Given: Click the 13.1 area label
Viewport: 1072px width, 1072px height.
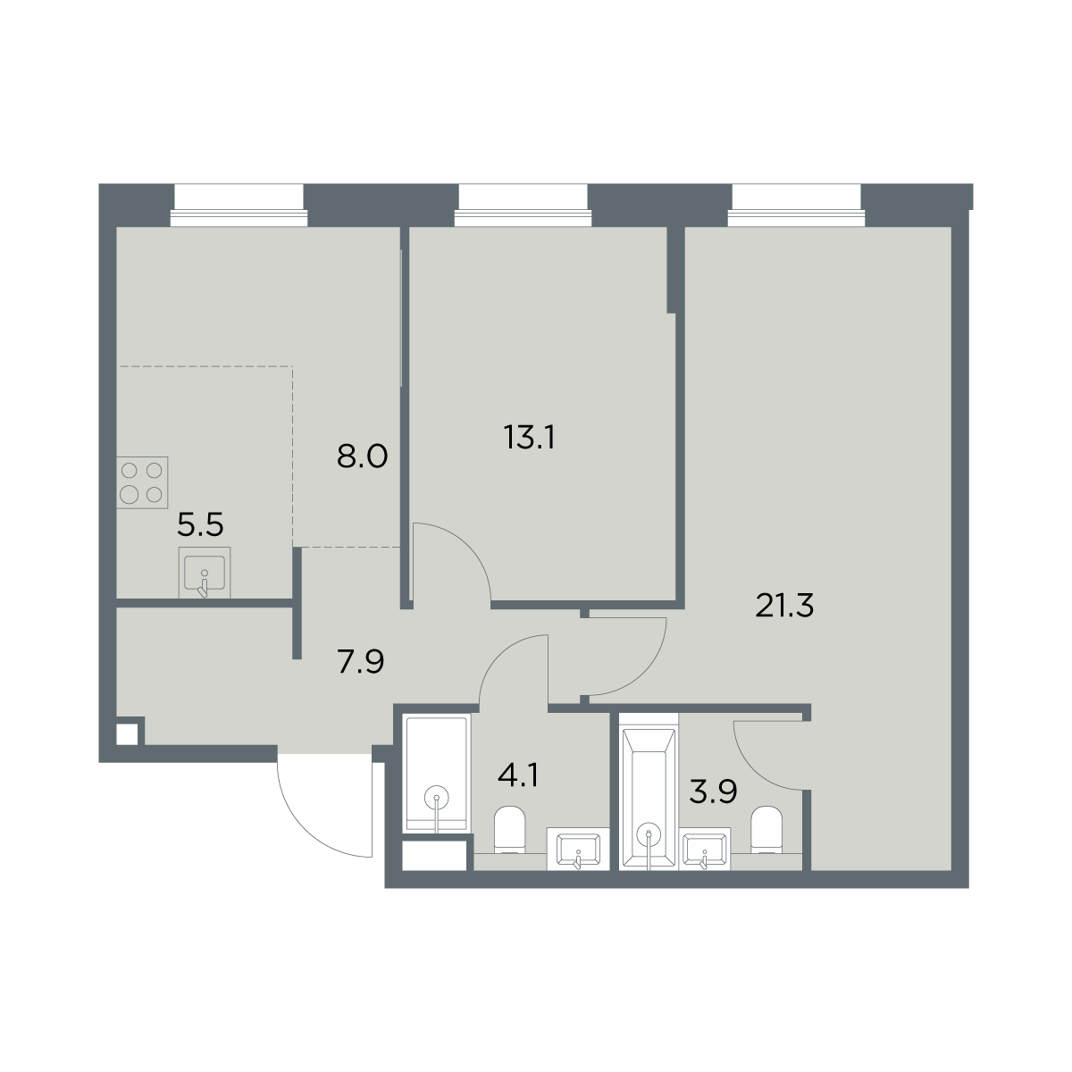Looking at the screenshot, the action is [529, 437].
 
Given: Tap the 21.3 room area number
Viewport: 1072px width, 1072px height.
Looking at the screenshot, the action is [784, 606].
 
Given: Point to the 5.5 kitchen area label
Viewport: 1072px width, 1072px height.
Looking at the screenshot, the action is [200, 524].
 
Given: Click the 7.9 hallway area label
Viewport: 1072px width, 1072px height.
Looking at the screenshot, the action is [361, 662].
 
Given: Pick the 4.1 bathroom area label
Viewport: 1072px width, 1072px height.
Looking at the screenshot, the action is [517, 775].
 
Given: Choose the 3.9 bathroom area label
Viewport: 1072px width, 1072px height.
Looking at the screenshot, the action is [713, 791].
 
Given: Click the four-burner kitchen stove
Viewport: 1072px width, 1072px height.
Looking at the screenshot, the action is [142, 482].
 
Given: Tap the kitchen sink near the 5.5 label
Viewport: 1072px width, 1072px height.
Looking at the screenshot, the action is [205, 573].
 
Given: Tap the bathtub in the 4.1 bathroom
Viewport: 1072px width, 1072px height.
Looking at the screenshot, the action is [437, 774].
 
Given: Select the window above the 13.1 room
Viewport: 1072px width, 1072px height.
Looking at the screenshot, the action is [523, 205].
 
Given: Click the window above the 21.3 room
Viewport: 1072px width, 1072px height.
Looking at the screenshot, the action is [797, 205].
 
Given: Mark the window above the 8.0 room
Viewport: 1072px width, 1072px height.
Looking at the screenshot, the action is [239, 205].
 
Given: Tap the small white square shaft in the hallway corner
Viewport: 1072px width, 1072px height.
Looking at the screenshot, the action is [127, 734].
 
